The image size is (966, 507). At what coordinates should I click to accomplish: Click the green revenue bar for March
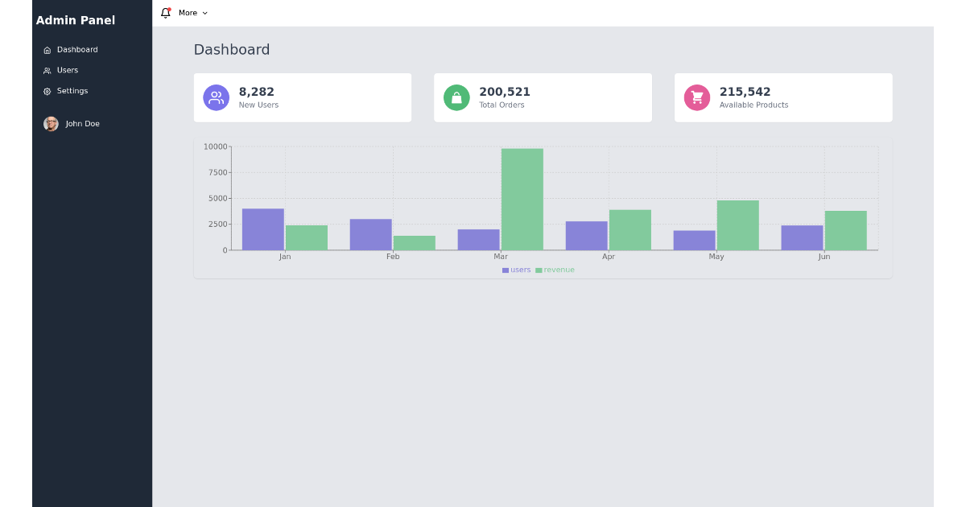coord(522,199)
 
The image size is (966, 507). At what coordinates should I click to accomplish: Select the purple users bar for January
coord(262,229)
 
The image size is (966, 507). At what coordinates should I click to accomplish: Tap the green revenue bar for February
coord(414,242)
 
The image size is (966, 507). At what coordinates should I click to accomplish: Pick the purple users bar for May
coord(694,240)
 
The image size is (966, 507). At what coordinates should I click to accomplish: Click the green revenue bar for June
coord(845,230)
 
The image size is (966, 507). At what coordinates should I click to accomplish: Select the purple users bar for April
coord(586,235)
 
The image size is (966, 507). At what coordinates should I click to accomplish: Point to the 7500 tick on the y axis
coord(217,172)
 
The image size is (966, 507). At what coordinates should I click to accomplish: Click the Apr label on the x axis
coord(609,257)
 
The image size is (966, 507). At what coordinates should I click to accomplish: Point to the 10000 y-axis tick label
coord(215,146)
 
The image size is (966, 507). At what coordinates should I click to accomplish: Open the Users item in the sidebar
coord(67,70)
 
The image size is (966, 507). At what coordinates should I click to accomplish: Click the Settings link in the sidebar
coord(72,91)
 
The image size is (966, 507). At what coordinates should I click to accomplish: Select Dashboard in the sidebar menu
coord(76,50)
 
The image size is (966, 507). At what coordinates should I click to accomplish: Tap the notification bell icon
coord(166,13)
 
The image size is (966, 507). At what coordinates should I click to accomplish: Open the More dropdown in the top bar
coord(192,13)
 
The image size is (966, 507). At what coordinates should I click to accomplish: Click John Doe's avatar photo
coord(51,124)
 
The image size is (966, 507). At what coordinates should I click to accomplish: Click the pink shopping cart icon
coord(697,97)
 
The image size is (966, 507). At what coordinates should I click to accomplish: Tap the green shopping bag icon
coord(456,97)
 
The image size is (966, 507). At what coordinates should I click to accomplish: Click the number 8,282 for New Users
coord(257,92)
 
